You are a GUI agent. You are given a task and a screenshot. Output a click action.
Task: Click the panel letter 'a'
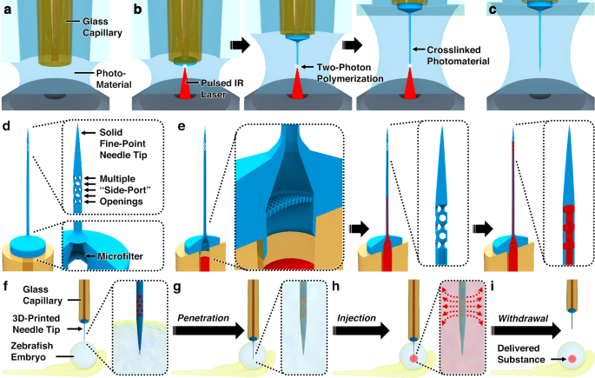7,10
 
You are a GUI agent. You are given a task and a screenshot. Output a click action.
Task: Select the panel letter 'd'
7,129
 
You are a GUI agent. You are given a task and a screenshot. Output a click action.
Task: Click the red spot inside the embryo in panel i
572,355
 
